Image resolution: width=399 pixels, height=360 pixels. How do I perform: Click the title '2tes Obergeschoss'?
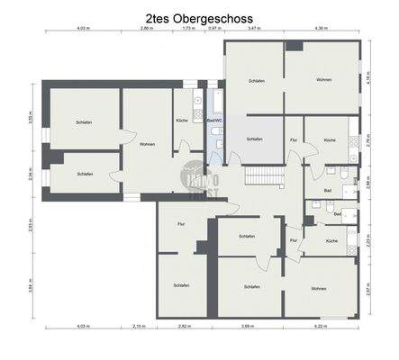[x=199, y=17]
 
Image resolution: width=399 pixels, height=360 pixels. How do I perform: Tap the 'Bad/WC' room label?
[x=214, y=120]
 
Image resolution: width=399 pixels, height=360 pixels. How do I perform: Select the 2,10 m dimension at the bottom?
[x=139, y=327]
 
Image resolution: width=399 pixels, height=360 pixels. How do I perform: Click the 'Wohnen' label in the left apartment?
[x=147, y=144]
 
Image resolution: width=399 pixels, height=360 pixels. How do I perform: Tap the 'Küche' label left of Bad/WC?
[x=182, y=120]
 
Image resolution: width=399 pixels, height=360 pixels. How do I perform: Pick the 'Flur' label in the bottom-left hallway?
[x=181, y=223]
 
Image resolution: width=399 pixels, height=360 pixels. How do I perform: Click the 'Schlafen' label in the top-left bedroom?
[x=85, y=122]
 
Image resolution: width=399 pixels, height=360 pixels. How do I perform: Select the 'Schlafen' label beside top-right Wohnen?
[x=256, y=81]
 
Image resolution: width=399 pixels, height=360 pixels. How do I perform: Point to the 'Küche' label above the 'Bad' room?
[x=330, y=139]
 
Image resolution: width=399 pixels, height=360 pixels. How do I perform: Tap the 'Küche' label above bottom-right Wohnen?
[x=331, y=241]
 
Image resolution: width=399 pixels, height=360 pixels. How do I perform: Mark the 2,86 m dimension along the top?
[x=146, y=29]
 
